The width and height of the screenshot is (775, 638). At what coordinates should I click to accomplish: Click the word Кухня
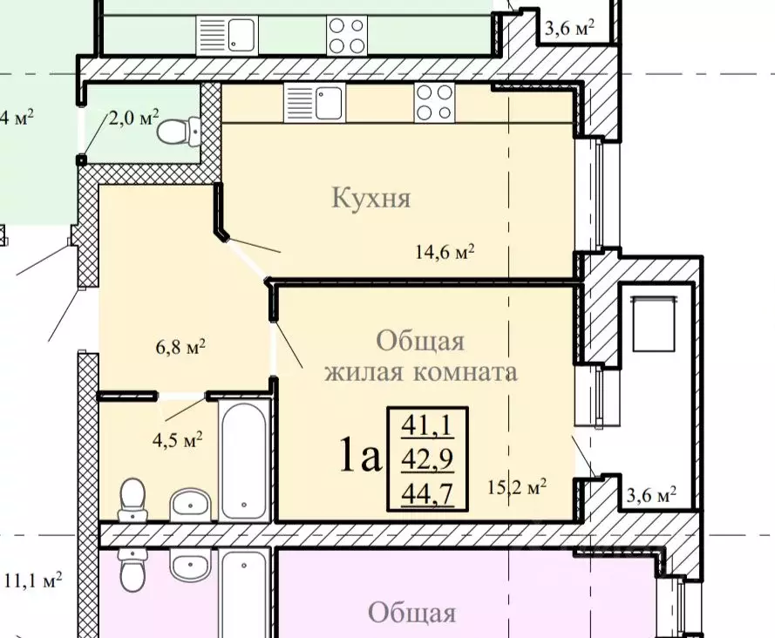point(371,199)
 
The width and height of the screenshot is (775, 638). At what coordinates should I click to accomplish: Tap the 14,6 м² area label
point(444,253)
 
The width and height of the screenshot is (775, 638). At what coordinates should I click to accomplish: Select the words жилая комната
point(421,372)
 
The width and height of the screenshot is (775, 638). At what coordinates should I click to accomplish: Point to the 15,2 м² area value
point(517,486)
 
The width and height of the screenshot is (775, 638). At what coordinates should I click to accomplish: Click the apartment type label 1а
point(360,456)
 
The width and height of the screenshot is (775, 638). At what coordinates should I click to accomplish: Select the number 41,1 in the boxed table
point(427,425)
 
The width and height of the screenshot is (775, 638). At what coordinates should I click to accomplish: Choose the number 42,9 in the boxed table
point(427,458)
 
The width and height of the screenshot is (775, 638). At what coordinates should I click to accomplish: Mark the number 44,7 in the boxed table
point(427,493)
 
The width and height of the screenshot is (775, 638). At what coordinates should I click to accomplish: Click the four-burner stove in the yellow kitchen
point(433,103)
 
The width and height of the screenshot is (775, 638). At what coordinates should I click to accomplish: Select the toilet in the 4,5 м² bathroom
point(133,496)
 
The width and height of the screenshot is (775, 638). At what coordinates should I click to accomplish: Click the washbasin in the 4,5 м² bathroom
point(189,503)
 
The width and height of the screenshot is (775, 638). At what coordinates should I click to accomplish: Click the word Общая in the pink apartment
point(411,613)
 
